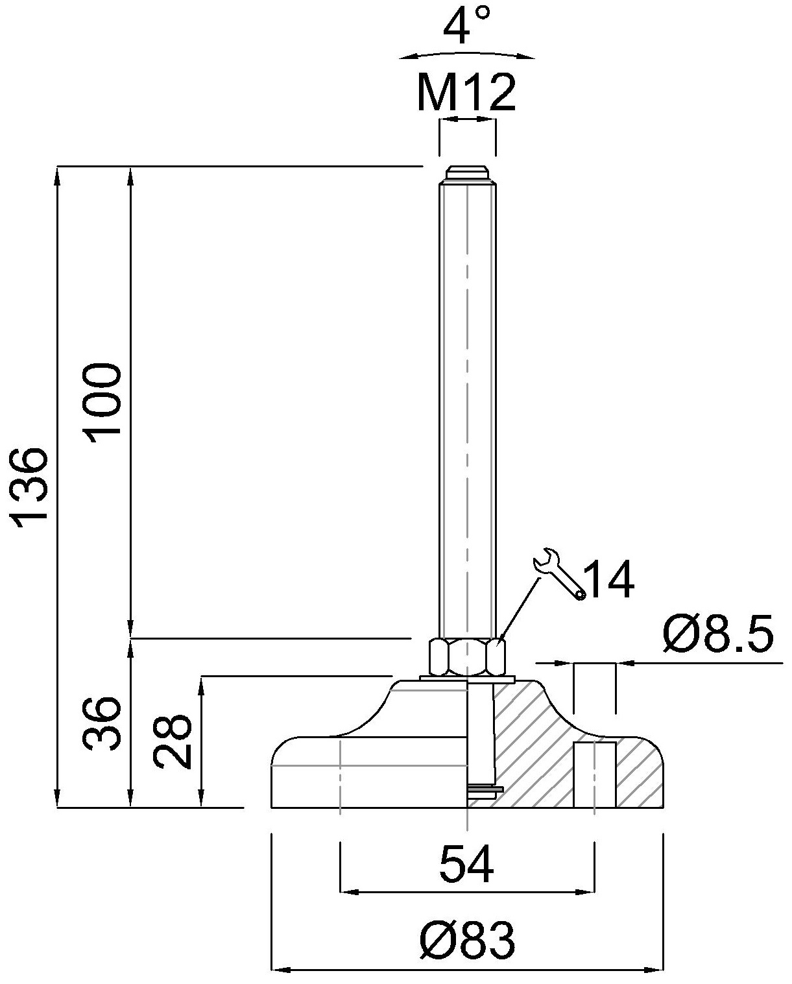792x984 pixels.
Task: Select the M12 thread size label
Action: coord(466,92)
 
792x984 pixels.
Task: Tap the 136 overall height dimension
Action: coord(30,484)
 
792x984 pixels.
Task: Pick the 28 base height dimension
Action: coord(173,742)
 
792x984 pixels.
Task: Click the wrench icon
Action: coord(558,573)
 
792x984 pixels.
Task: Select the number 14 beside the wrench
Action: coord(608,581)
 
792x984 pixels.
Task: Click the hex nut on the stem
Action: coord(466,656)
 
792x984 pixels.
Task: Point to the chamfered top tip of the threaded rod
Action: coord(466,174)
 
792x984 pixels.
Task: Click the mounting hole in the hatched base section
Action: coord(594,774)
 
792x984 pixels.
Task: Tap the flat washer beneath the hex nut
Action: coord(466,678)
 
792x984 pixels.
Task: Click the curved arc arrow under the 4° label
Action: coord(466,53)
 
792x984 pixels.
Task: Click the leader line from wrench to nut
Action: coord(519,610)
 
